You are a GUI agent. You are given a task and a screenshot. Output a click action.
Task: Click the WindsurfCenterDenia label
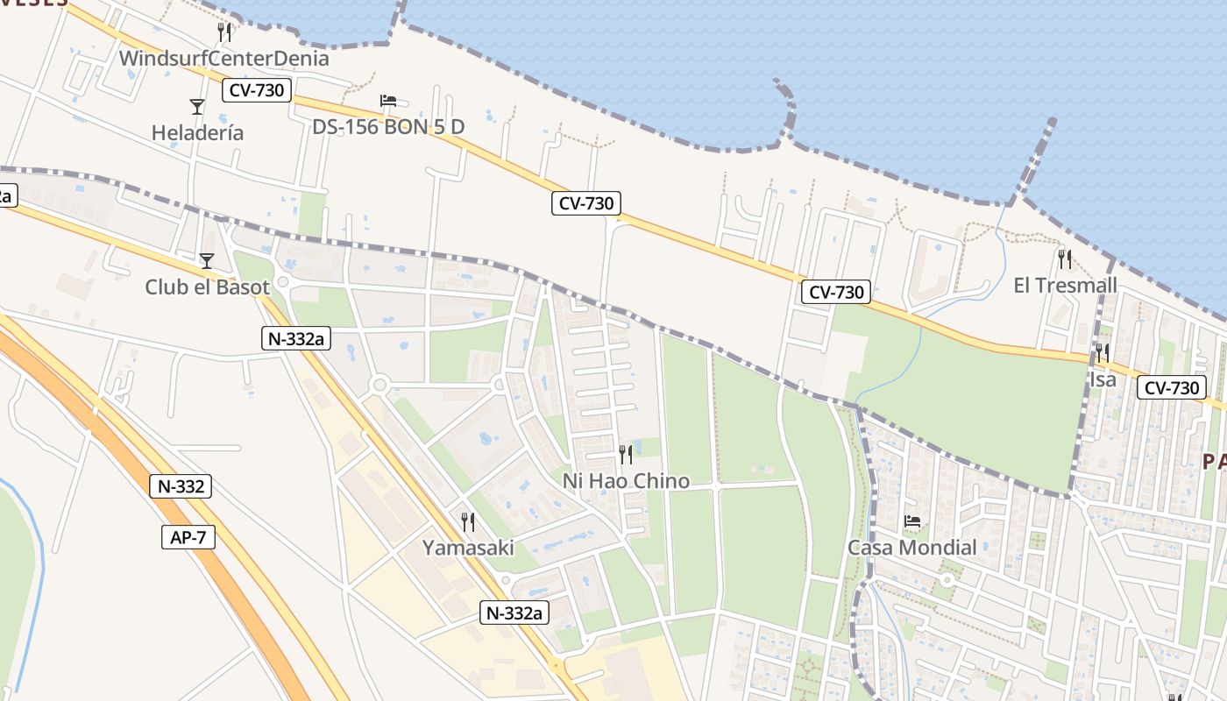coord(224,59)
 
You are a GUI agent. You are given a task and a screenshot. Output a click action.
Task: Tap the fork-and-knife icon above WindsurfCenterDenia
coord(224,32)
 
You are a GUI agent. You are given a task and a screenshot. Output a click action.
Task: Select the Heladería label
coord(197,133)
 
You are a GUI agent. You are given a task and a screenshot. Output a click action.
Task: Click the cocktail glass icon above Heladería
coord(197,107)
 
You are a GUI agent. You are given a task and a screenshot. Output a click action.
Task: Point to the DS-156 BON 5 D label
coord(388,127)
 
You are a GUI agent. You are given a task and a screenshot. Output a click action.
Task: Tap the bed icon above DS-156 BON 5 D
coord(388,101)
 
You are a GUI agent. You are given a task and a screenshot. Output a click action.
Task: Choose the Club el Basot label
coord(207,287)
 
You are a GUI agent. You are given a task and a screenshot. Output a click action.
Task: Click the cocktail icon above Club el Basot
coord(207,260)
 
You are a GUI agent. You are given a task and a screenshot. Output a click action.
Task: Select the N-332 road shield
coord(181,487)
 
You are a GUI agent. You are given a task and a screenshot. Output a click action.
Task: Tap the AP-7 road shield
coord(188,537)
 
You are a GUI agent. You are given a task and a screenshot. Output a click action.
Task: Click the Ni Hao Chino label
coord(626,481)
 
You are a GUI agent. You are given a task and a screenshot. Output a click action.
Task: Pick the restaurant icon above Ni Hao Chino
coord(626,454)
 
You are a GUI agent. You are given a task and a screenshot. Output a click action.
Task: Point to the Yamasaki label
coord(468,549)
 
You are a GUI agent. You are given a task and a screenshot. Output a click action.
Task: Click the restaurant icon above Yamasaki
coord(468,522)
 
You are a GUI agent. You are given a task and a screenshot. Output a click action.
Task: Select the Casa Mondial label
coord(911,548)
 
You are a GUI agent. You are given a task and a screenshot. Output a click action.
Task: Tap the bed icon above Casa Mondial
coord(911,521)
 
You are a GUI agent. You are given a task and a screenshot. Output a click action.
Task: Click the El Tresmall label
coord(1065,285)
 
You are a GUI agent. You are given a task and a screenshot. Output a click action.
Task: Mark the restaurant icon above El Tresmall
coord(1065,258)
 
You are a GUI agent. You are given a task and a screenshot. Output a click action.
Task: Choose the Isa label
coord(1103,379)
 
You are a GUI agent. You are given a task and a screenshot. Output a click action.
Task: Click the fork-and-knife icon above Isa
coord(1103,353)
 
